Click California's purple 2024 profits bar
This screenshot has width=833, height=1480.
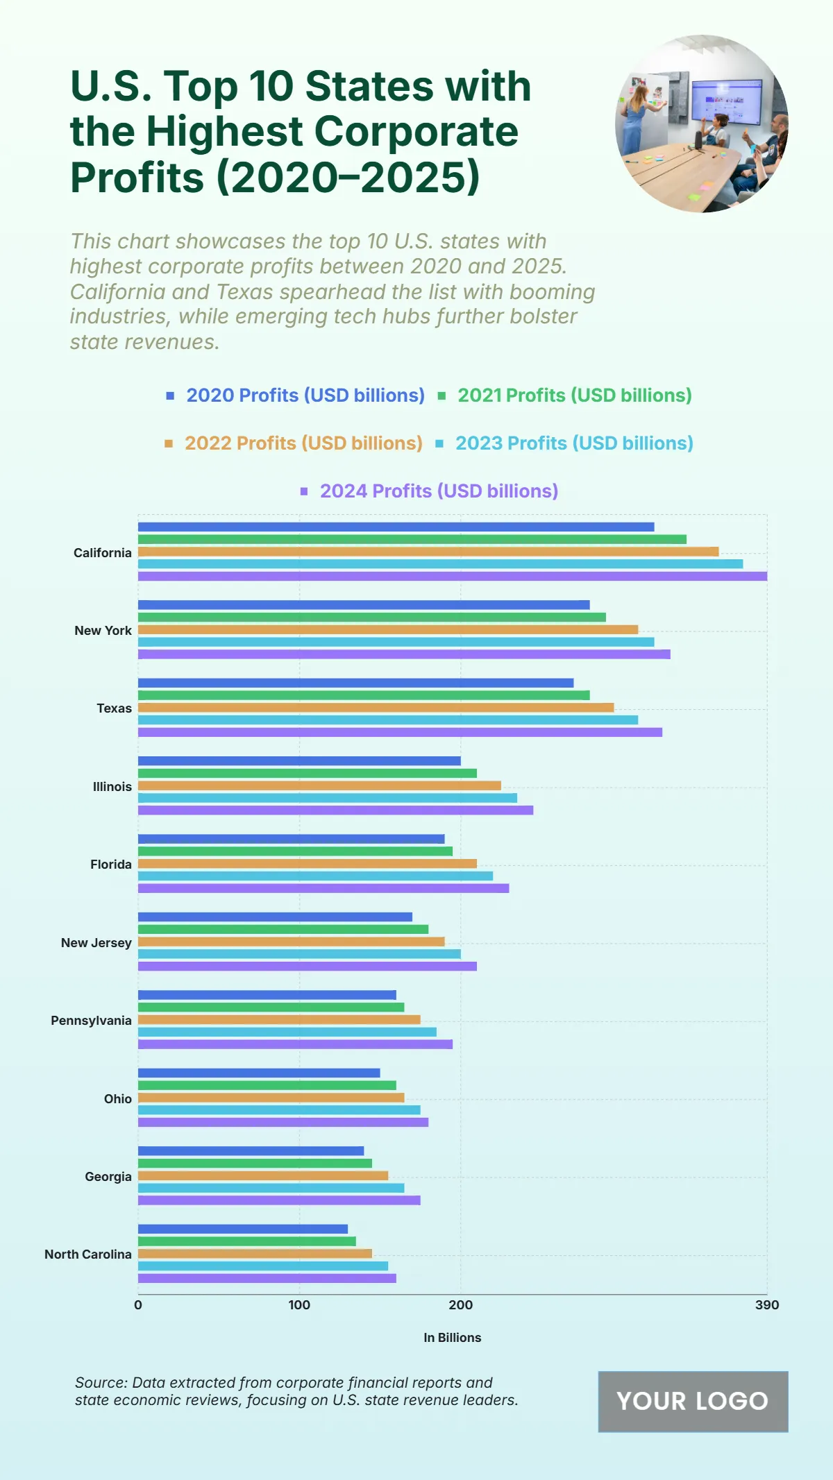point(452,576)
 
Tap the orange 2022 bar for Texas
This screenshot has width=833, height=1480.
point(376,708)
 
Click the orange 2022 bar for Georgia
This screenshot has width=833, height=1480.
point(263,1175)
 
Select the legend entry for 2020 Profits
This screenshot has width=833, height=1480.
point(305,395)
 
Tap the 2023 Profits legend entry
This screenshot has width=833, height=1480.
point(573,443)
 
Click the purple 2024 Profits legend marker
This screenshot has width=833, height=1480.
point(304,491)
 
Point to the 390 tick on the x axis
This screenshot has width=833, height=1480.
point(767,1305)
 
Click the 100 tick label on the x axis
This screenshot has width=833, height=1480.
point(299,1305)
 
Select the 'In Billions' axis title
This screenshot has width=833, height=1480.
point(452,1338)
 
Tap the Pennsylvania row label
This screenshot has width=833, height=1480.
point(91,1021)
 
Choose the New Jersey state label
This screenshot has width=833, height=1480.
point(96,943)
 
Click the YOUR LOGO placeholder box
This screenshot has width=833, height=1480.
point(693,1402)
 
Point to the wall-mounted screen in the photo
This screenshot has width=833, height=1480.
point(726,101)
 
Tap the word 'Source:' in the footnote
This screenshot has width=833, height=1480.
point(101,1383)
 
